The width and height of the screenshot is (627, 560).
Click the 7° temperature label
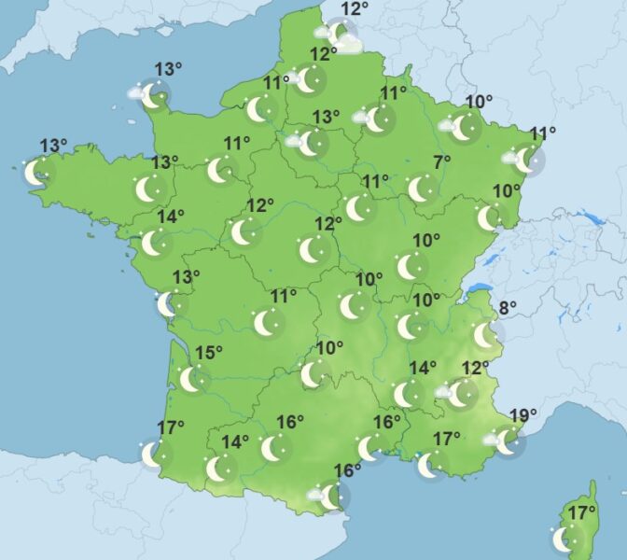pos(441,162)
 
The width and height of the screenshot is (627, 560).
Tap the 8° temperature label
pos(507,309)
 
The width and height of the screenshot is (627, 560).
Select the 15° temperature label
pos(209,352)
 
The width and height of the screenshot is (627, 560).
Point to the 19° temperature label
pos(523,415)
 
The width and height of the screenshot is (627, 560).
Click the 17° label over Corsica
pos(582,511)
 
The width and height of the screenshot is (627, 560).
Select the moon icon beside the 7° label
pos(423,189)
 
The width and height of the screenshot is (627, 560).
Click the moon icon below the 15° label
pos(191,378)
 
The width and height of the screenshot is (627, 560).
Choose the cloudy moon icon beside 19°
pos(505,441)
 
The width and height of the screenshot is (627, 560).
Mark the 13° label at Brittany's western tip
pos(53,146)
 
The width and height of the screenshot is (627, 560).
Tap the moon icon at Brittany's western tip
pos(35,172)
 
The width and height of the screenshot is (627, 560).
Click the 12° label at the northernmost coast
pos(354,10)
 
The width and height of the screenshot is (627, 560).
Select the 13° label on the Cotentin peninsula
pos(168,68)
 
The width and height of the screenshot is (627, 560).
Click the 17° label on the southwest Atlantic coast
pos(171,427)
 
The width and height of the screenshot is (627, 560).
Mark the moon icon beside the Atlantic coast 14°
pos(154,243)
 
